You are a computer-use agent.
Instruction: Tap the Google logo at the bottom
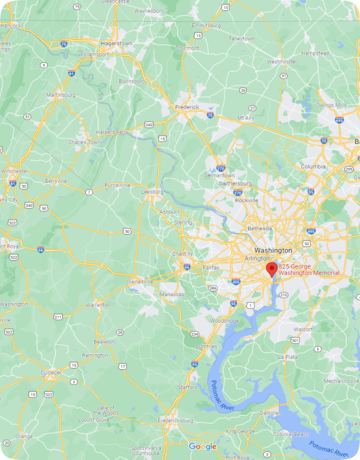pos(202,446)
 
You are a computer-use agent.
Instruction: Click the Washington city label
pos(273,250)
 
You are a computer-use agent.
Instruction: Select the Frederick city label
pos(186,107)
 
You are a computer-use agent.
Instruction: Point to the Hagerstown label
pos(116,43)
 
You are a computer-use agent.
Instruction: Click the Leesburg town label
pos(152,192)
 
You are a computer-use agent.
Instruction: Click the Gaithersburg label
pos(235,184)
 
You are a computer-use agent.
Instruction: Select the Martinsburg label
pos(60,94)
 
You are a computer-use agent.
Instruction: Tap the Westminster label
pos(282,61)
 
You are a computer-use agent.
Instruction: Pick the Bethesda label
pos(259,228)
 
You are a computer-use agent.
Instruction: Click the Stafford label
pos(187,387)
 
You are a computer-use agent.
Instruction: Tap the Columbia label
pos(314,166)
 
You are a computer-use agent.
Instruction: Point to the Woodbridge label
pos(224,320)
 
